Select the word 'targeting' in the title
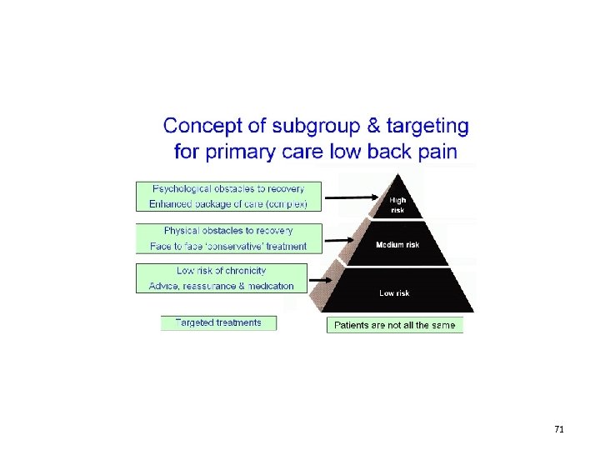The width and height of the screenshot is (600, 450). (x=426, y=127)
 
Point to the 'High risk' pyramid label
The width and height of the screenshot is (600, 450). (x=397, y=204)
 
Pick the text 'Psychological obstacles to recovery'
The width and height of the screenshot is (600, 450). (x=227, y=188)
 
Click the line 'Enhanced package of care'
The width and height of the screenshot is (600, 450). (x=227, y=203)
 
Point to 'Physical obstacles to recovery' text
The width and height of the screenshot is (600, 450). (x=228, y=230)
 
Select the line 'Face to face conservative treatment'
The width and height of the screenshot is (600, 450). (x=228, y=246)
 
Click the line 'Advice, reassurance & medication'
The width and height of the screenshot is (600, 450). (x=222, y=286)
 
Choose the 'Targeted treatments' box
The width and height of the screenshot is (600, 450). (x=218, y=322)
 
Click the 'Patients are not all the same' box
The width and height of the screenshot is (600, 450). (x=395, y=325)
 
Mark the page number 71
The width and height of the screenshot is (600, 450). (x=559, y=429)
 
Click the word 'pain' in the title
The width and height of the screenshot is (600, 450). (x=435, y=152)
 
